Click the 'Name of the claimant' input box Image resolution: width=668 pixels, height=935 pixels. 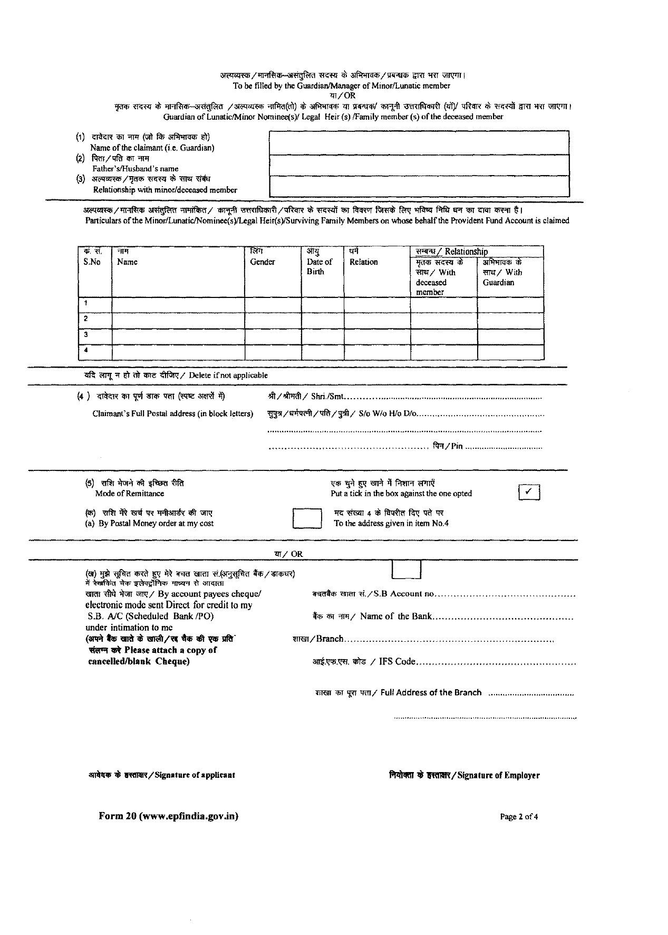[419, 142]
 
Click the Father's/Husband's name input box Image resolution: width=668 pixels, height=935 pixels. [419, 165]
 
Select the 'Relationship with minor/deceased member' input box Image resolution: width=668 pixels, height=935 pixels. [419, 186]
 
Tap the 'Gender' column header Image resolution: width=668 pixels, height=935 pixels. [263, 262]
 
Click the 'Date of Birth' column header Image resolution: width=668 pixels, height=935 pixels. [319, 266]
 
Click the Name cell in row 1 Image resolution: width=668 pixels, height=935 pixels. [178, 304]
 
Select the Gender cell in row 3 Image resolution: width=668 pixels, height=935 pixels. [273, 336]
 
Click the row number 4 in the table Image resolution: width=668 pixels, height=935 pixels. [86, 350]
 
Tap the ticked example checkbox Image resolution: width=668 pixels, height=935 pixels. [529, 492]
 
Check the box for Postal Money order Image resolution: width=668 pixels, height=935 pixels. [307, 518]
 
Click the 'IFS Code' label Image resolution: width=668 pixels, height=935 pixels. [397, 661]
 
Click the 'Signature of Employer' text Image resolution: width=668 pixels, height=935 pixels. [498, 775]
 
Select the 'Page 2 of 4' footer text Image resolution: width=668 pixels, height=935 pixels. [519, 817]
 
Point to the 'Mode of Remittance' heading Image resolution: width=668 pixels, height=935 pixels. [129, 494]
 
